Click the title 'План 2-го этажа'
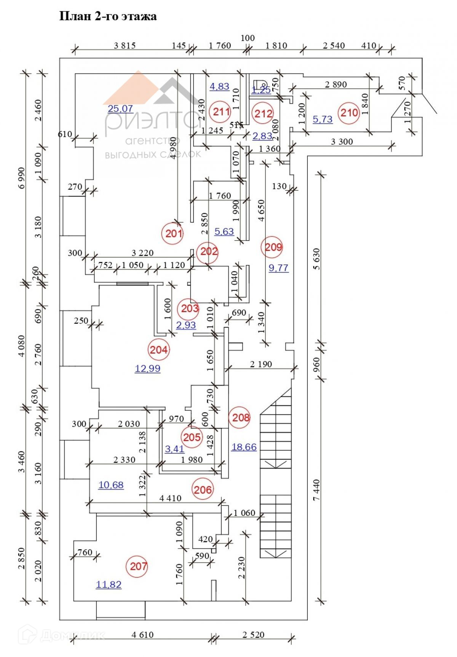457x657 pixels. pos(108,16)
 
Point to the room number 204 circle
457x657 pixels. pos(158,349)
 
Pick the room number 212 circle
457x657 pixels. pos(264,113)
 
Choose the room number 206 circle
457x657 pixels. pos(203,489)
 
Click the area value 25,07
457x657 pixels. pos(120,109)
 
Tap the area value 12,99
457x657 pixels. pos(147,368)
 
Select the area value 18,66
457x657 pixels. pos(244,447)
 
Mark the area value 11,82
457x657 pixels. pos(109,584)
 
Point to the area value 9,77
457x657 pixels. pos(278,268)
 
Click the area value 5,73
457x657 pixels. pos(323,120)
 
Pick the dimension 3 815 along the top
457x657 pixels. pos(125,46)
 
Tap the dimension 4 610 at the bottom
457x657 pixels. pos(142,635)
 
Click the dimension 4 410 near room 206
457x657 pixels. pos(170,498)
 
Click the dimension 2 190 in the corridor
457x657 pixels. pos(261,364)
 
